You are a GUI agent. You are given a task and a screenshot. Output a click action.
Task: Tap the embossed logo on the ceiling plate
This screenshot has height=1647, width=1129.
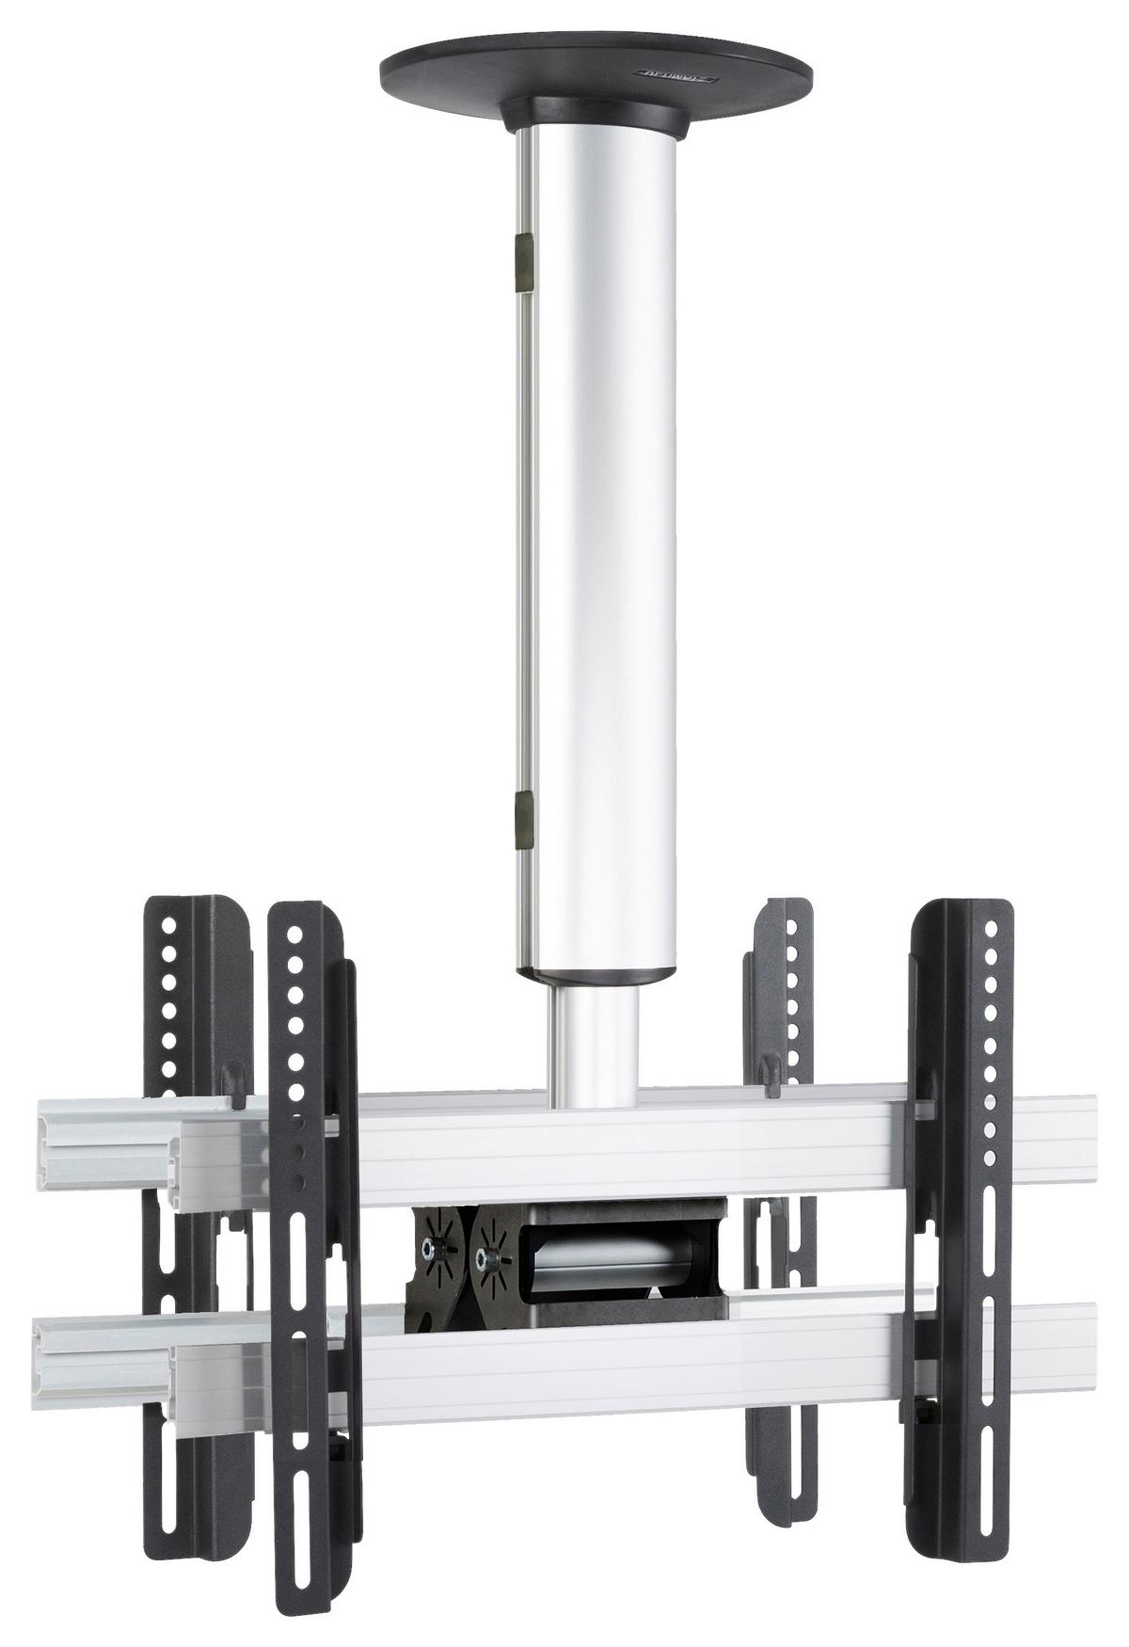tap(676, 72)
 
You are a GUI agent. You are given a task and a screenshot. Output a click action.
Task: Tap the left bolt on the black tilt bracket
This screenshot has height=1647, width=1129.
tap(432, 1248)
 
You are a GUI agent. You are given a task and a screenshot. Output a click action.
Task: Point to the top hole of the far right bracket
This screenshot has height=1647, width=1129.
tap(990, 931)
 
